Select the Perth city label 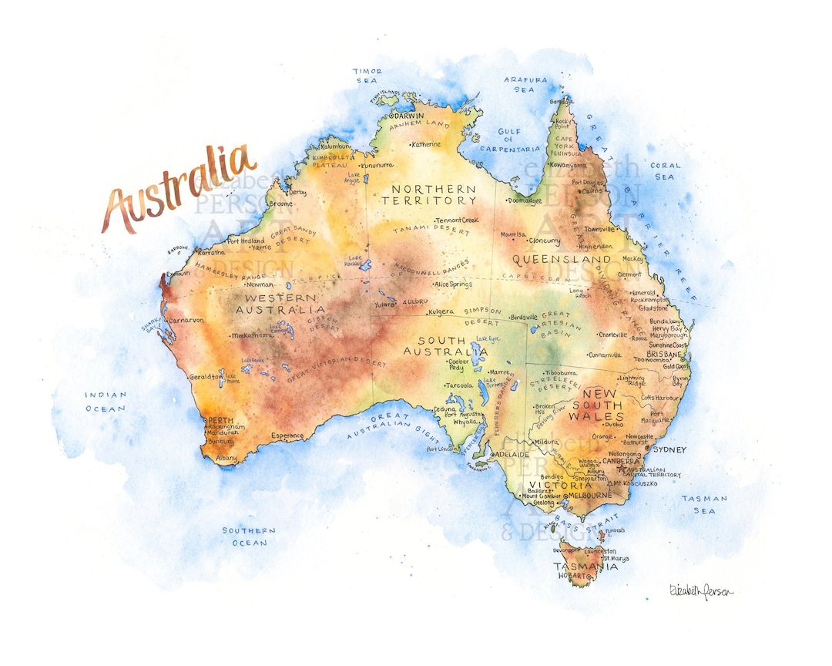click(x=216, y=419)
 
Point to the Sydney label click(x=669, y=449)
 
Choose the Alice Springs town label click(x=453, y=284)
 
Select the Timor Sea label click(x=367, y=76)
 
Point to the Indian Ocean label click(x=106, y=402)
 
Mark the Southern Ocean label click(x=249, y=536)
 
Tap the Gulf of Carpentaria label click(x=509, y=140)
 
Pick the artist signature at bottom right click(x=701, y=590)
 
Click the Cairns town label click(x=592, y=190)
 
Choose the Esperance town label click(x=287, y=436)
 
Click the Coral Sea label click(x=665, y=170)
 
